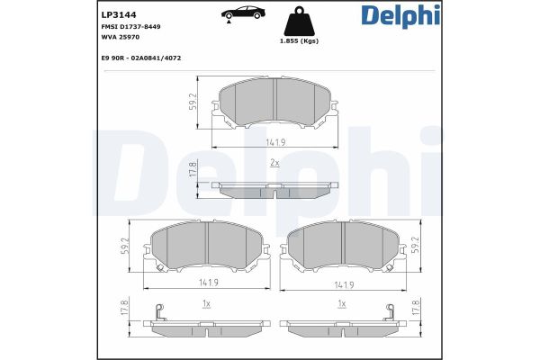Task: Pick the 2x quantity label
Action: tap(274, 162)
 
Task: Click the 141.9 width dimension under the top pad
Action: tap(274, 141)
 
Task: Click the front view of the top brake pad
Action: tap(274, 103)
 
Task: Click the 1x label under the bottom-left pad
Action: tap(206, 304)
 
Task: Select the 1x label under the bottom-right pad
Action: tap(342, 304)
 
